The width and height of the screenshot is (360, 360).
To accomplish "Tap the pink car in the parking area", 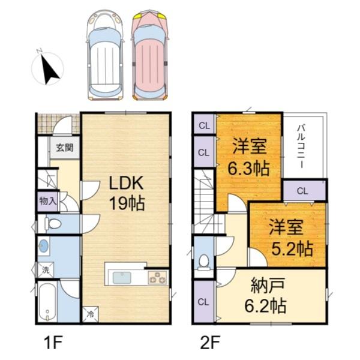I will pyautogui.click(x=149, y=54).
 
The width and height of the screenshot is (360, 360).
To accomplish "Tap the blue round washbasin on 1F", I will pyautogui.click(x=44, y=246).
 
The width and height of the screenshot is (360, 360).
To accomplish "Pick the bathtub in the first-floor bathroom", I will pyautogui.click(x=47, y=304).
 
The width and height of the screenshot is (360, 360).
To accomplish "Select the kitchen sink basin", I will pyautogui.click(x=122, y=278).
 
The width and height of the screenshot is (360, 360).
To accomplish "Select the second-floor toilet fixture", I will pyautogui.click(x=203, y=262).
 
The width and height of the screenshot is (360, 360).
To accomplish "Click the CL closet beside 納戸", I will pyautogui.click(x=203, y=302).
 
